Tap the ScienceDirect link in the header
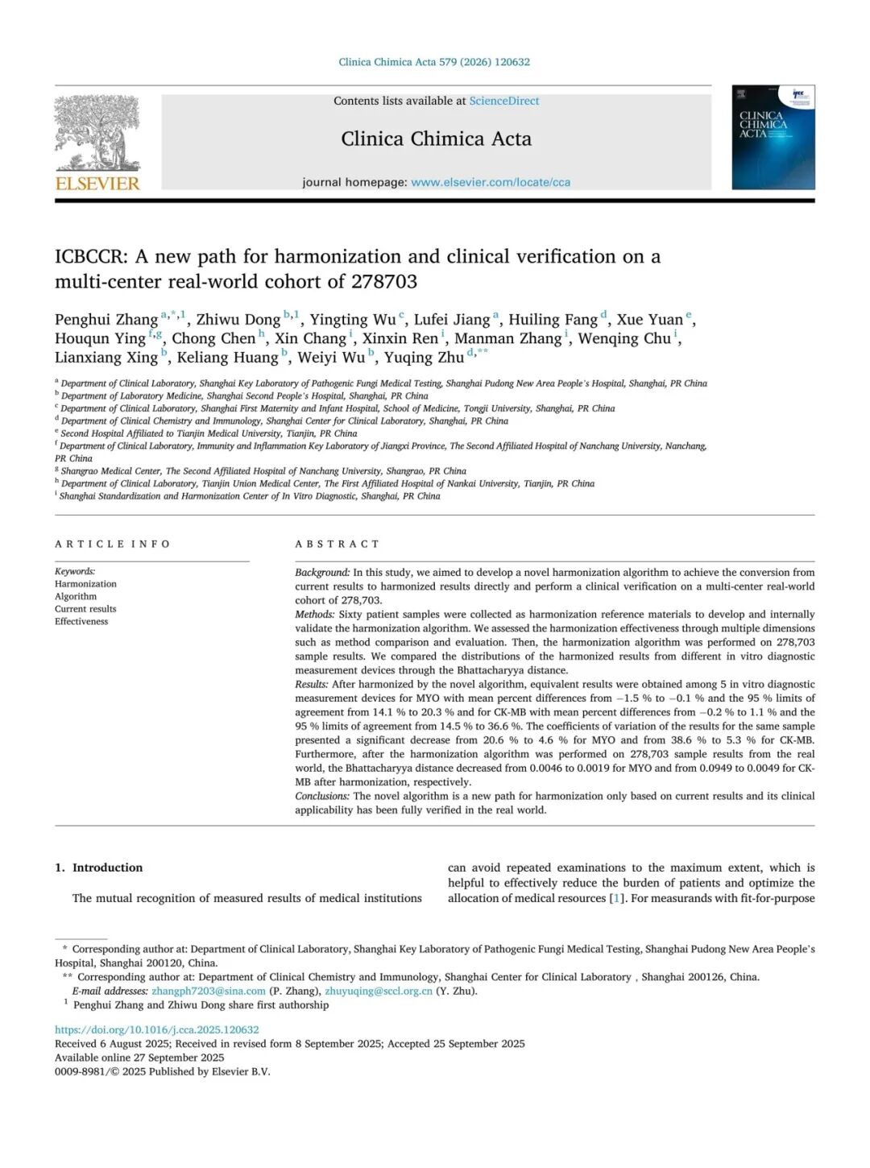(x=504, y=101)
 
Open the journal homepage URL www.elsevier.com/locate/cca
(x=491, y=182)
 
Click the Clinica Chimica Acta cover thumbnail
(x=773, y=138)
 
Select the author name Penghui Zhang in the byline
(x=106, y=320)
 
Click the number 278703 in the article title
(x=383, y=281)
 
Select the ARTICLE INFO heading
(x=113, y=544)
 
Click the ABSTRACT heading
(x=337, y=544)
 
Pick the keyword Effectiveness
(x=81, y=621)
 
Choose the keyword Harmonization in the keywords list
(x=85, y=584)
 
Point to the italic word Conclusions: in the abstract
(x=322, y=796)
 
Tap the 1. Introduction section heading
(x=98, y=868)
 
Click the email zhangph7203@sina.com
(x=209, y=991)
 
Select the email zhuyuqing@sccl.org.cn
(x=379, y=991)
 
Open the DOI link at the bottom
(x=157, y=1029)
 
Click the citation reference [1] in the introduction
(x=616, y=898)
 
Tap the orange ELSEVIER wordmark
(x=97, y=183)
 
